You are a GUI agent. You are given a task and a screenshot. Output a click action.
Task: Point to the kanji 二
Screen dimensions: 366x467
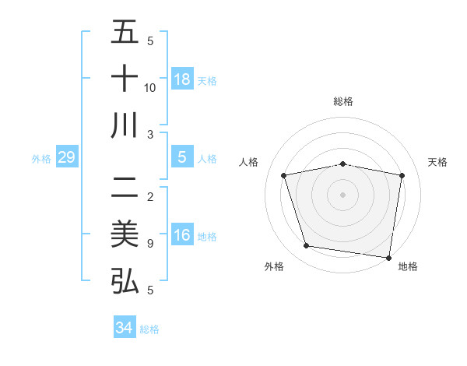pyautogui.click(x=125, y=187)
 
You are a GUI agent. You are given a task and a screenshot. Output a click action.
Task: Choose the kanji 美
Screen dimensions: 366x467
pyautogui.click(x=125, y=234)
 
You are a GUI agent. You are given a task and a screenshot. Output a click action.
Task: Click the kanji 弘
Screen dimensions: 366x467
pyautogui.click(x=125, y=280)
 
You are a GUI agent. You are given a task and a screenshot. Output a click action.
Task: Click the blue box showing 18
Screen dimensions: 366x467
pyautogui.click(x=182, y=79)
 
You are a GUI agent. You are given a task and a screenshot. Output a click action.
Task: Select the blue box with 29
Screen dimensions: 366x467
pyautogui.click(x=66, y=158)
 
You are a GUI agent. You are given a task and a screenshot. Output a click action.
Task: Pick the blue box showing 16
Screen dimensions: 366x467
pyautogui.click(x=182, y=235)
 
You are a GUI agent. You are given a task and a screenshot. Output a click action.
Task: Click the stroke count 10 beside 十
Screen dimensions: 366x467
pyautogui.click(x=150, y=87)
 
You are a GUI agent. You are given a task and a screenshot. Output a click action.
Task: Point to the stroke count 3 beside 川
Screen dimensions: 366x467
pyautogui.click(x=149, y=134)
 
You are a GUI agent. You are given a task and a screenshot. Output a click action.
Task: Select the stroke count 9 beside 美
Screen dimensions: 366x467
pyautogui.click(x=149, y=244)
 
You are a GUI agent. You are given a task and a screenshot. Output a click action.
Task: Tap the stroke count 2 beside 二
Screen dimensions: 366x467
pyautogui.click(x=149, y=196)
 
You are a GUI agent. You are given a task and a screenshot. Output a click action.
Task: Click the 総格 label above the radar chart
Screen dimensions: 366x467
pyautogui.click(x=343, y=101)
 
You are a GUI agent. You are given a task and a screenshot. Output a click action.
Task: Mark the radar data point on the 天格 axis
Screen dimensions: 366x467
pyautogui.click(x=402, y=175)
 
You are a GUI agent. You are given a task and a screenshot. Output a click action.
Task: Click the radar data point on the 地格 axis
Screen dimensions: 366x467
pyautogui.click(x=388, y=257)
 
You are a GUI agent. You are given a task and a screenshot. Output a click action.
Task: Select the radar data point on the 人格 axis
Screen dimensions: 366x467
pyautogui.click(x=284, y=175)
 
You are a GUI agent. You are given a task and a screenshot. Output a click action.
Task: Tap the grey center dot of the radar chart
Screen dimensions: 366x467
pyautogui.click(x=343, y=194)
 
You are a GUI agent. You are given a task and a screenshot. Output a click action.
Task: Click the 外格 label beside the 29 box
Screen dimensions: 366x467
pyautogui.click(x=41, y=158)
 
